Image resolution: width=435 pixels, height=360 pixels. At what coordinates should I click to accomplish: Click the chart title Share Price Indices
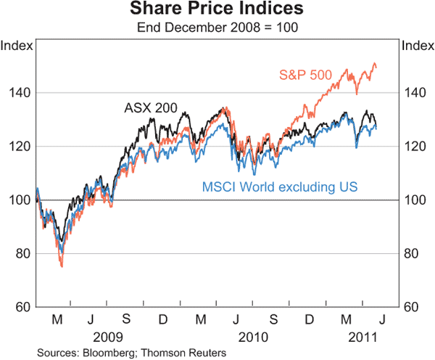coord(217,10)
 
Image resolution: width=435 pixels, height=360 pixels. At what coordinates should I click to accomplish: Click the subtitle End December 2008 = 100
coord(217,28)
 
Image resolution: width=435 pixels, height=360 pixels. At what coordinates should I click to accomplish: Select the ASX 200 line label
coord(151,108)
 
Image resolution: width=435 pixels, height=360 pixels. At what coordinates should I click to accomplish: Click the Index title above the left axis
coord(17,46)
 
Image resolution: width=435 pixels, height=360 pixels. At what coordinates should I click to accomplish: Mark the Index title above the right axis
coord(417,46)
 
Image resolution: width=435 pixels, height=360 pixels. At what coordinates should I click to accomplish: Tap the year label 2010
coord(254,337)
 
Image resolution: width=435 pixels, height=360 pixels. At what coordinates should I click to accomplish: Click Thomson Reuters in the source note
coord(186,353)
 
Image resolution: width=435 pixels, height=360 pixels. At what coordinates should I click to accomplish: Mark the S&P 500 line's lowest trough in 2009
coord(62,267)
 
